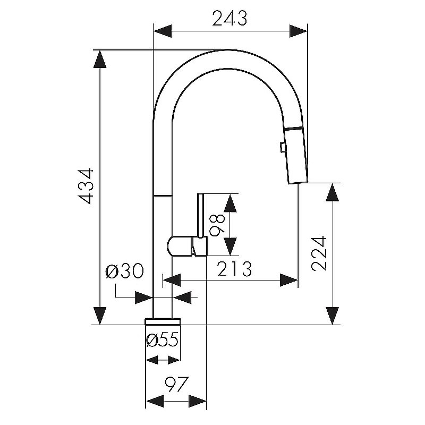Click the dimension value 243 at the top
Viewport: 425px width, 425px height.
[229, 19]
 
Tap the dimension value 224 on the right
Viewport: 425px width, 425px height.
[319, 253]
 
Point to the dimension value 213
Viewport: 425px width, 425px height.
[234, 269]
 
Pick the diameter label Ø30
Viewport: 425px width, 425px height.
[124, 271]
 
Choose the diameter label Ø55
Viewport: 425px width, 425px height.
[163, 339]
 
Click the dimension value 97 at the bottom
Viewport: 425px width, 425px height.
[176, 384]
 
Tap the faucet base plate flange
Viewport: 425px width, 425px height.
[163, 322]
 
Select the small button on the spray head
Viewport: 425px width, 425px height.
[282, 148]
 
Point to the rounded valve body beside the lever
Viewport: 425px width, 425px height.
[180, 246]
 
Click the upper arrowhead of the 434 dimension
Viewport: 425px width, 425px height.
[100, 59]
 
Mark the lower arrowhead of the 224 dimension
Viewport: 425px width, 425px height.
[333, 316]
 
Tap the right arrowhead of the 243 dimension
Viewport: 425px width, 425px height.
[299, 31]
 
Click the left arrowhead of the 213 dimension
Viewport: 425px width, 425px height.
[172, 280]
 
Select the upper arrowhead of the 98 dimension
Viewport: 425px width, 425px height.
[230, 203]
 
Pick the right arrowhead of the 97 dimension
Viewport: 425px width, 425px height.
[198, 402]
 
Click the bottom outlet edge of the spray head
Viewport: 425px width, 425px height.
[297, 183]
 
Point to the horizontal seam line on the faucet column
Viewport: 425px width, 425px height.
[163, 195]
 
